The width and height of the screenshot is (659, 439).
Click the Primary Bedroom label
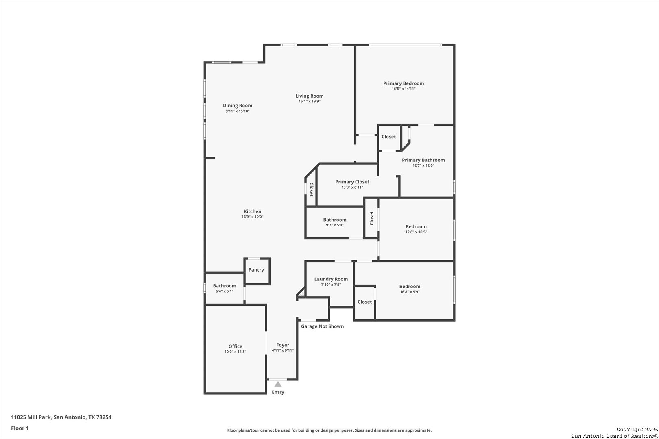tap(404, 83)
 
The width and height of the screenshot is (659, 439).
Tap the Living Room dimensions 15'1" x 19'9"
tap(310, 102)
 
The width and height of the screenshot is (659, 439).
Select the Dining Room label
tap(238, 106)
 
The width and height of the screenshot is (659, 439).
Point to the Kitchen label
tap(253, 211)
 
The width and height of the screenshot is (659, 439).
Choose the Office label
tap(236, 346)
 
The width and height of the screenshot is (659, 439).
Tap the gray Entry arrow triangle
tap(278, 384)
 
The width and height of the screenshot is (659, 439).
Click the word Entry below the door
tap(278, 392)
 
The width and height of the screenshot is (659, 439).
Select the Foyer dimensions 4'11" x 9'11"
tap(283, 350)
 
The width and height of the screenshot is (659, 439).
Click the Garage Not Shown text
tap(322, 326)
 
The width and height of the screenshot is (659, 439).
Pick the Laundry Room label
tap(331, 279)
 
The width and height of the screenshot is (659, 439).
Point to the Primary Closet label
tap(352, 182)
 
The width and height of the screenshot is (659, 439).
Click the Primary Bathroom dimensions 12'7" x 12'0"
tap(423, 165)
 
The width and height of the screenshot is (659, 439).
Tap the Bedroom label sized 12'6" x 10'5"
tap(416, 227)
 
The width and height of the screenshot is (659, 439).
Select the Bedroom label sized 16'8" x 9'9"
tap(410, 287)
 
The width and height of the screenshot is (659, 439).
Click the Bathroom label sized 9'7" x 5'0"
tap(335, 219)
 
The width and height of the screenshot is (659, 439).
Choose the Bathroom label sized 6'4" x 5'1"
tap(225, 286)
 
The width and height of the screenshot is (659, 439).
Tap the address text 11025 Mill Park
tap(31, 417)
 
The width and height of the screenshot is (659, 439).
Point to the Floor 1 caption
tap(20, 428)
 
